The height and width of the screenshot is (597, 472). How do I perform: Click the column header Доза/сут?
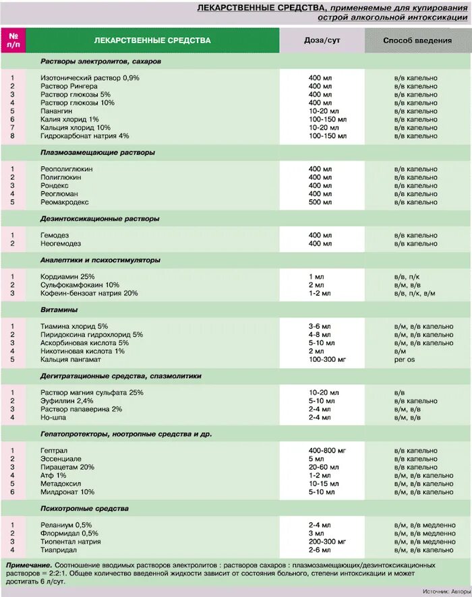(x=322, y=40)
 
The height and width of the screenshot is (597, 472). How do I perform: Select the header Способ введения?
(x=417, y=40)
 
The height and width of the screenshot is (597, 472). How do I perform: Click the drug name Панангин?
(x=57, y=111)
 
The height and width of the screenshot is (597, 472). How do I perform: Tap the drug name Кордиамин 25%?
(x=67, y=277)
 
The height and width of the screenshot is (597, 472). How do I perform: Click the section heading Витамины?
(x=59, y=310)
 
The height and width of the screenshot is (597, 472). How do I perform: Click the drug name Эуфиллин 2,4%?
(x=66, y=401)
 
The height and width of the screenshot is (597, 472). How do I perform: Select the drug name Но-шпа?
(x=53, y=417)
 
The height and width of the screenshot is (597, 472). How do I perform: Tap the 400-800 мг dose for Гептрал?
(x=327, y=451)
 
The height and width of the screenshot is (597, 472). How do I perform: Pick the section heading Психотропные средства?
(x=84, y=509)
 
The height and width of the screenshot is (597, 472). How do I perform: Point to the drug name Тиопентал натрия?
(x=70, y=541)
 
